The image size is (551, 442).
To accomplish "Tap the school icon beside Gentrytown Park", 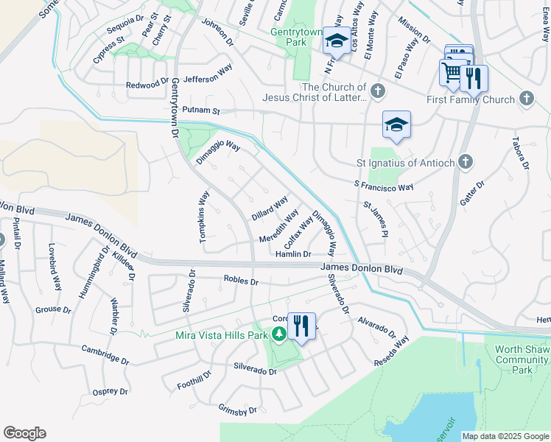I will (x=337, y=41).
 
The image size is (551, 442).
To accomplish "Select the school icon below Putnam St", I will (x=396, y=125).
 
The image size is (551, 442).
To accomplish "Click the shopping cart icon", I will (x=452, y=72).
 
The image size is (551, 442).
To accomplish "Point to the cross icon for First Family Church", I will (x=526, y=98).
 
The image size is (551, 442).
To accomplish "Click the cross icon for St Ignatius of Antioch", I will (x=465, y=161).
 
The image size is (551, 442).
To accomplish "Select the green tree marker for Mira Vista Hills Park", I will (x=278, y=335).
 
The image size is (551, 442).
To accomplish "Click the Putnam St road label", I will (x=202, y=110).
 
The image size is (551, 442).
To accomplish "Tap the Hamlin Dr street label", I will (x=292, y=254).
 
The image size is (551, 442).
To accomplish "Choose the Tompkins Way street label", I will (x=205, y=217).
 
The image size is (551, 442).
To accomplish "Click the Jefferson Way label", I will (x=208, y=78).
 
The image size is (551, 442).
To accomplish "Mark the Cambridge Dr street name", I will (x=105, y=355).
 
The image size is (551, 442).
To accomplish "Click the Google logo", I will (x=24, y=433).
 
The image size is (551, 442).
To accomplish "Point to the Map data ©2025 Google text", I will (x=505, y=436).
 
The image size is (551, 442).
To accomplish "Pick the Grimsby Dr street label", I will (x=237, y=410).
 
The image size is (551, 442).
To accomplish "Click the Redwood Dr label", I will (x=147, y=85).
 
